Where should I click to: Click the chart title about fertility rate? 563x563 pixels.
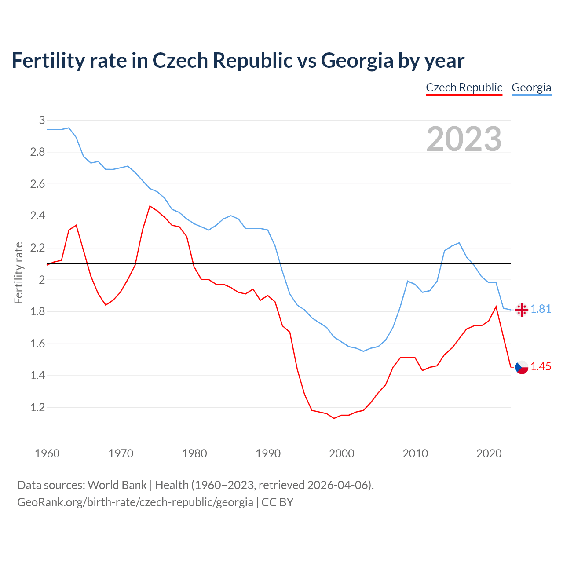pyautogui.click(x=238, y=61)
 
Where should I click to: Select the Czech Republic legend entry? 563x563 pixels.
pyautogui.click(x=464, y=88)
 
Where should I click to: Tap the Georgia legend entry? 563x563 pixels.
pyautogui.click(x=531, y=88)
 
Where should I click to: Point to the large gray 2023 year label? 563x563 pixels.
pyautogui.click(x=464, y=139)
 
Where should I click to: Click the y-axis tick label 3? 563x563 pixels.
pyautogui.click(x=42, y=120)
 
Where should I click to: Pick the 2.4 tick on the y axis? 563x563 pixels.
pyautogui.click(x=38, y=216)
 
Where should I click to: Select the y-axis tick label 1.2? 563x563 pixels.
pyautogui.click(x=38, y=408)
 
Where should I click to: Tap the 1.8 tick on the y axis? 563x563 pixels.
pyautogui.click(x=38, y=312)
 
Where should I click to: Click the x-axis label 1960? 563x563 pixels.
pyautogui.click(x=47, y=453)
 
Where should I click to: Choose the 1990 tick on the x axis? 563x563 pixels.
pyautogui.click(x=268, y=453)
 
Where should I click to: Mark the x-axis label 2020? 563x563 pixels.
pyautogui.click(x=489, y=453)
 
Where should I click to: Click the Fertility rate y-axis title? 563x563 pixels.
pyautogui.click(x=18, y=273)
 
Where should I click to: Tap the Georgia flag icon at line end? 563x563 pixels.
pyautogui.click(x=522, y=310)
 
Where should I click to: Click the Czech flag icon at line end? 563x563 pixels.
pyautogui.click(x=522, y=367)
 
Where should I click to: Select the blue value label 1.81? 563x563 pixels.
pyautogui.click(x=541, y=309)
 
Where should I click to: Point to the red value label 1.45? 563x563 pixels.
pyautogui.click(x=541, y=366)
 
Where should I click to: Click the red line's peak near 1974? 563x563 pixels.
pyautogui.click(x=150, y=206)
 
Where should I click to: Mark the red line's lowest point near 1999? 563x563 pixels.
pyautogui.click(x=334, y=418)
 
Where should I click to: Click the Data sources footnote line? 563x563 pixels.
pyautogui.click(x=195, y=485)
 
